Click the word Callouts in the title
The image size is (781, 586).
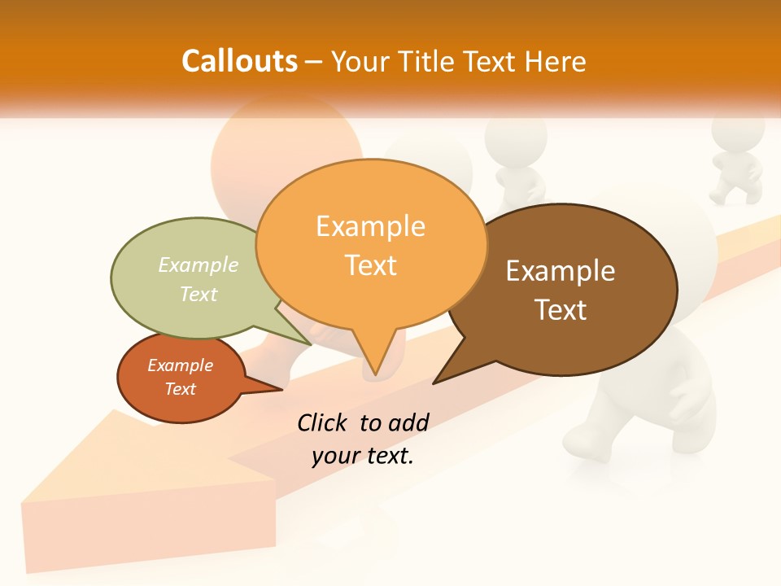[x=239, y=61]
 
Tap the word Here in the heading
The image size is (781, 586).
[x=556, y=62]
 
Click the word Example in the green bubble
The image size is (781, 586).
[x=199, y=265]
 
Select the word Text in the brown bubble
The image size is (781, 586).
[x=561, y=309]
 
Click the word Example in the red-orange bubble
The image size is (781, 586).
[x=180, y=365]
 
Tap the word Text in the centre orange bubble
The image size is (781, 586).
[x=371, y=265]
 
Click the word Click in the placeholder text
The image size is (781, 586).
[x=324, y=422]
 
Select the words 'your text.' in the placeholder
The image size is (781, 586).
[x=363, y=456]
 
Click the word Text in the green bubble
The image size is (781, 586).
[x=199, y=294]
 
